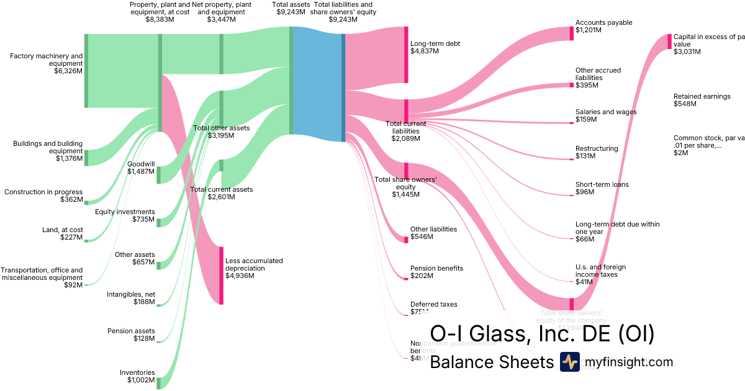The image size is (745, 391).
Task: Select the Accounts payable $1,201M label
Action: [x=603, y=26]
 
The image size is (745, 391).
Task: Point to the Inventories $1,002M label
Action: [x=137, y=376]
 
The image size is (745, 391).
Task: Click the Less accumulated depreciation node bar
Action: [x=220, y=275]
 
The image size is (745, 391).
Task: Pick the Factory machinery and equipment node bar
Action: [x=86, y=71]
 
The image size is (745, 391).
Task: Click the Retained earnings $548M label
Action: [x=702, y=100]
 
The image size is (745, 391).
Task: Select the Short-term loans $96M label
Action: [x=602, y=188]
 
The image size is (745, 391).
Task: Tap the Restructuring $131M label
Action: [x=597, y=152]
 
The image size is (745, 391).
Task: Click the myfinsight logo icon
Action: [x=569, y=362]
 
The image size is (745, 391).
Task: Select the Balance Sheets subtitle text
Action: [x=491, y=362]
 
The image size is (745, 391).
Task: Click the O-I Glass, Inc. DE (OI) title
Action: [x=542, y=334]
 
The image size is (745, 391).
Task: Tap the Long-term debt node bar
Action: [x=406, y=55]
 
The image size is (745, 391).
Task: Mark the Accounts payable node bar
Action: [x=571, y=34]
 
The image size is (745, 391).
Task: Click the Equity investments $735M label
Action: [x=125, y=215]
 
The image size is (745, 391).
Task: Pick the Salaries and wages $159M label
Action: [x=605, y=115]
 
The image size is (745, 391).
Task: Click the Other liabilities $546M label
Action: [x=433, y=233]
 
